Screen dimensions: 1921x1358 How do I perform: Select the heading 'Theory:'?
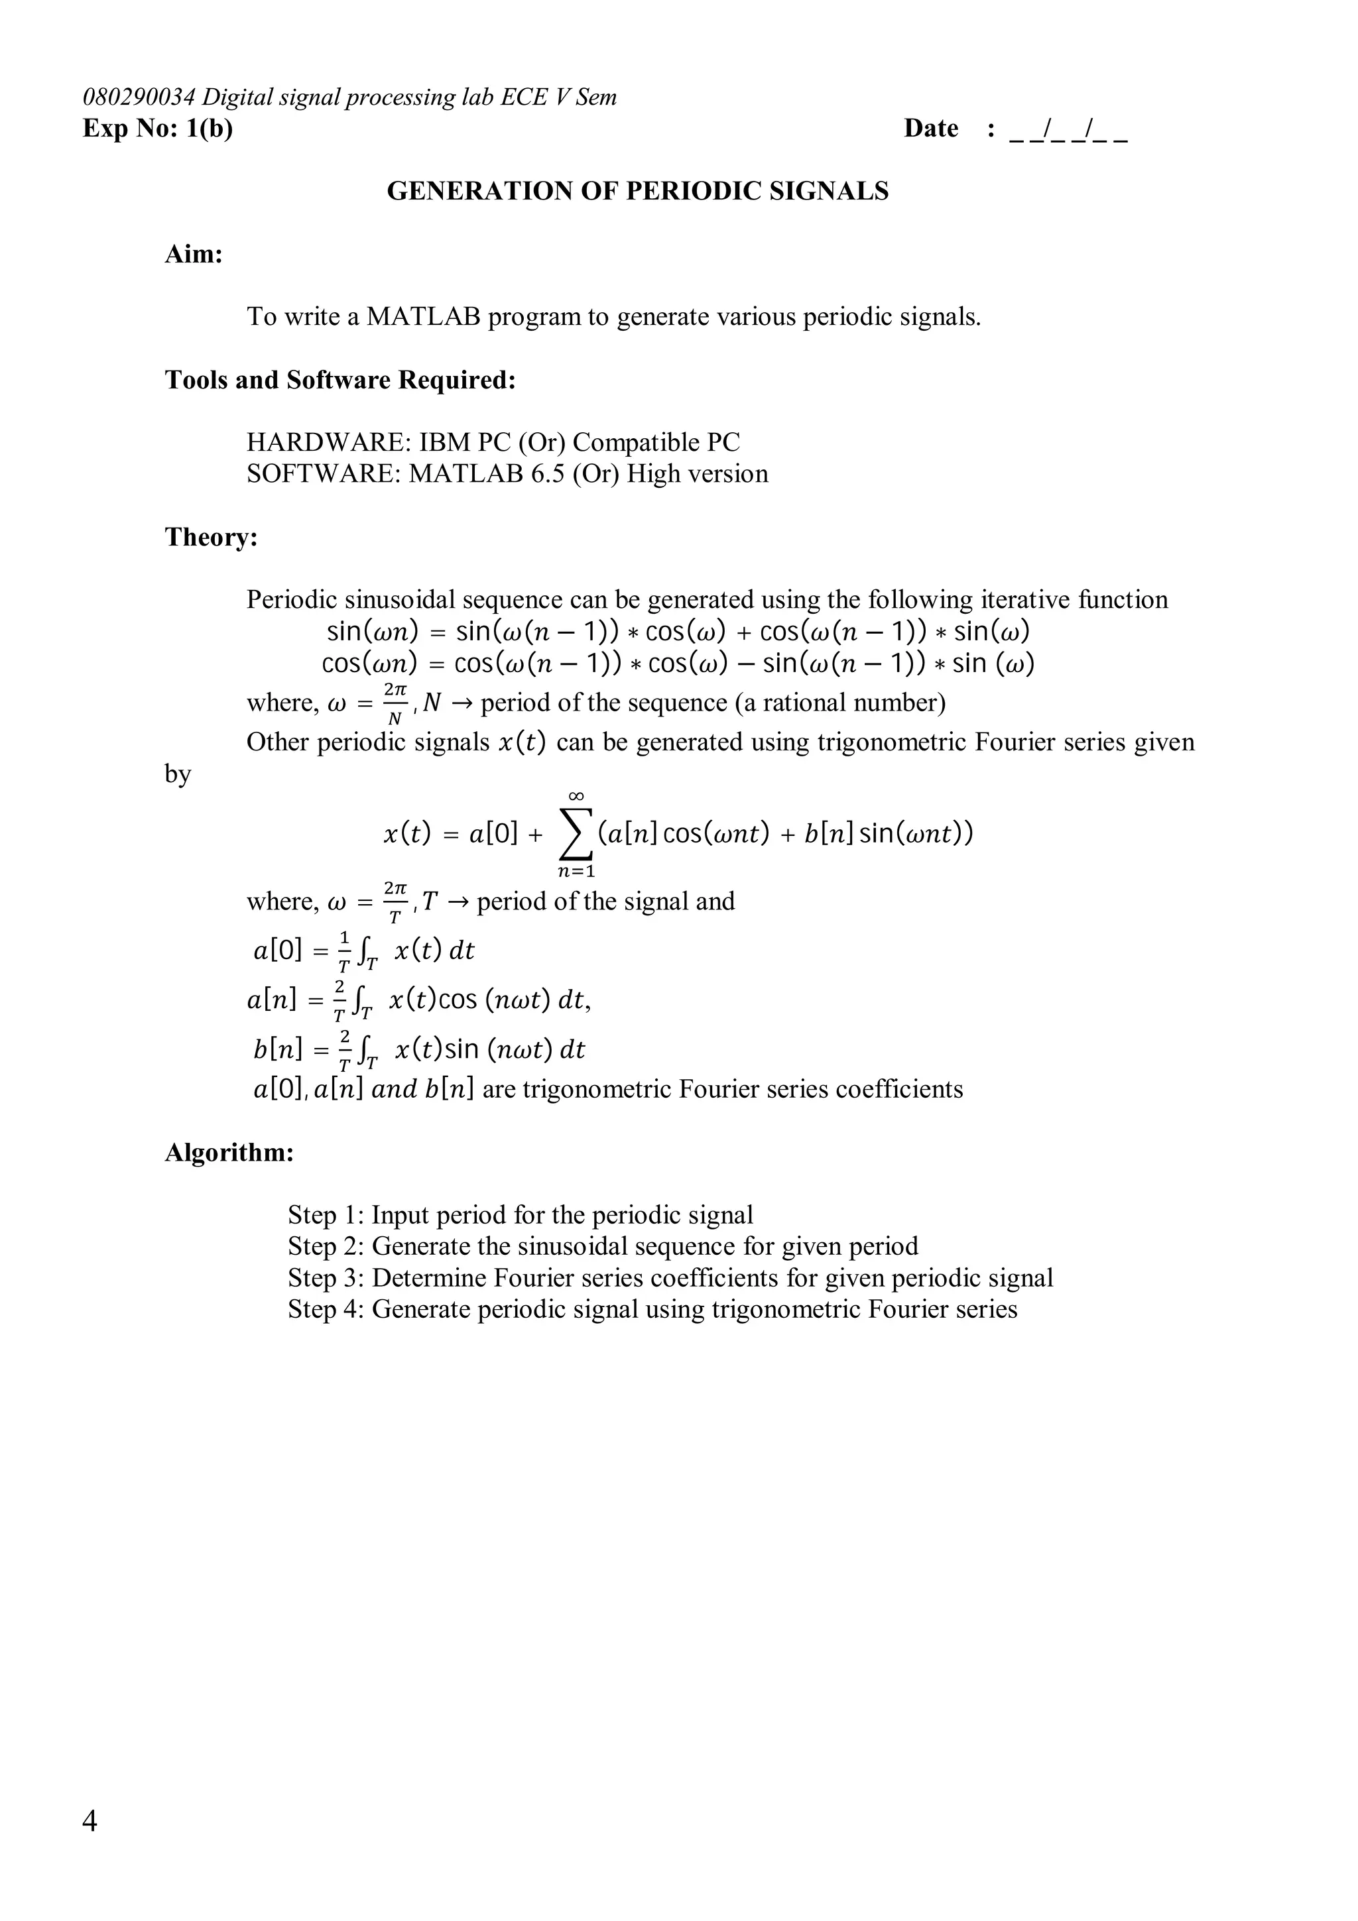[211, 537]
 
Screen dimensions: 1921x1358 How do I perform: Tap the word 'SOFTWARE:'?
[324, 475]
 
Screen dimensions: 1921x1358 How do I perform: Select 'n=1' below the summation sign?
[576, 872]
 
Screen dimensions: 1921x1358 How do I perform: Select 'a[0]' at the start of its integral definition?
[277, 951]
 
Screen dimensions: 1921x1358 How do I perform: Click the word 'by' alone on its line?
[178, 775]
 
